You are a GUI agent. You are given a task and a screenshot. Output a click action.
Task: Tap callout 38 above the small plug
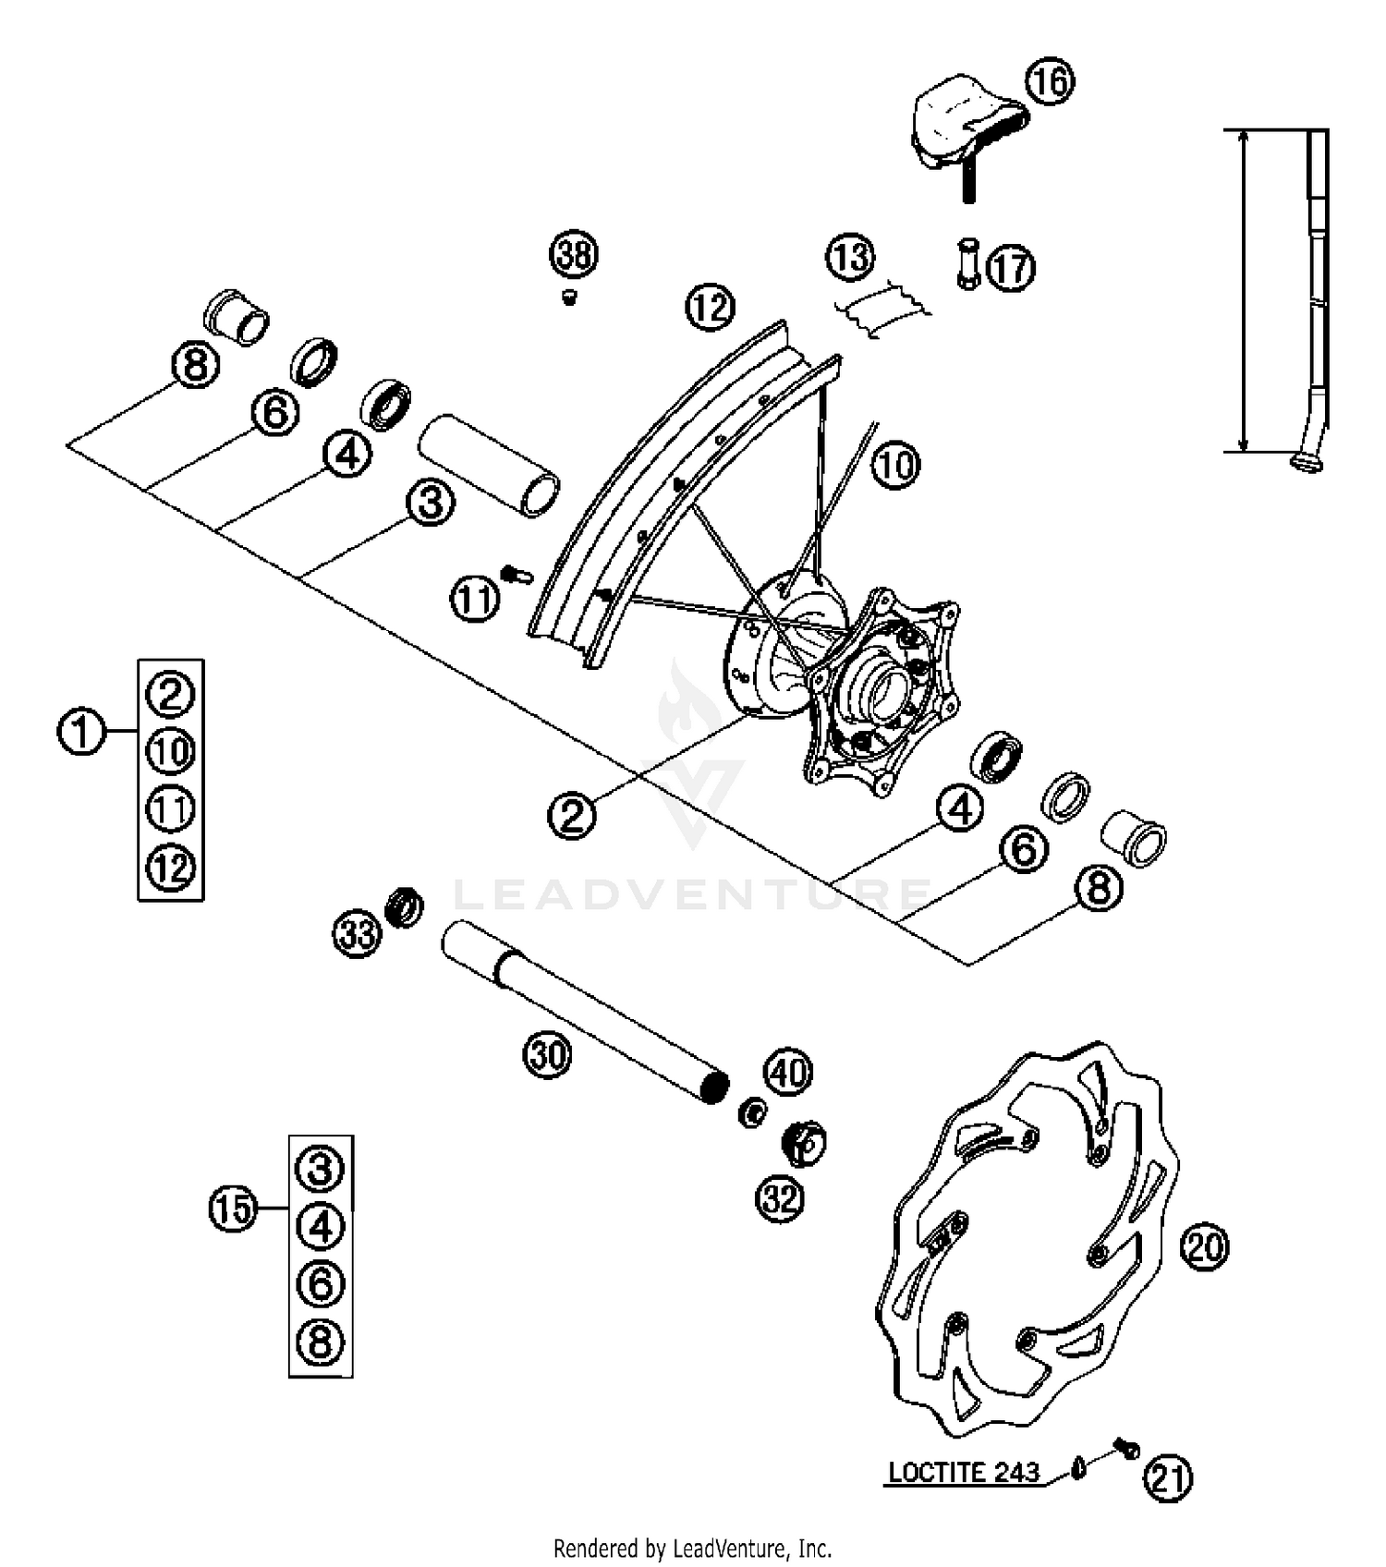[574, 254]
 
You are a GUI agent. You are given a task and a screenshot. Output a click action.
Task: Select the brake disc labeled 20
[1026, 1238]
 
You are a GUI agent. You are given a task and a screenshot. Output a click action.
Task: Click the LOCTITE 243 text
[964, 1472]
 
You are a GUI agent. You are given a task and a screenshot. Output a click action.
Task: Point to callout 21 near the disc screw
[1168, 1479]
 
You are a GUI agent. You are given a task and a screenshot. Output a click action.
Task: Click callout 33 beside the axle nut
[357, 934]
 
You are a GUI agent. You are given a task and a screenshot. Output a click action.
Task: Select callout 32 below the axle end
[781, 1199]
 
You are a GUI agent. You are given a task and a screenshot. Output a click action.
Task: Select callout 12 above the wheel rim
[710, 306]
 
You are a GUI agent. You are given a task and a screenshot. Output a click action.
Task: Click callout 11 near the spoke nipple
[475, 600]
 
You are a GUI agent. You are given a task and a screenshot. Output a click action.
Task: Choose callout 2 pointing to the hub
[572, 815]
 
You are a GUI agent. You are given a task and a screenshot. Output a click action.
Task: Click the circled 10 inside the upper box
[171, 752]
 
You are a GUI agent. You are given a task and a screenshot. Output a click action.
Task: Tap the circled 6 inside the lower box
[321, 1284]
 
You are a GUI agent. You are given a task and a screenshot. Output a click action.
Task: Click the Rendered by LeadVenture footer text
[693, 1548]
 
